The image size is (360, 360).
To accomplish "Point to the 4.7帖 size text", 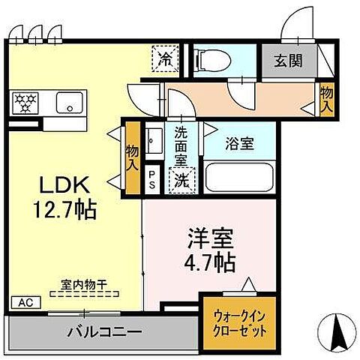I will tap(210, 263).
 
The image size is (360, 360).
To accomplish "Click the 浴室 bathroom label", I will tap(239, 143).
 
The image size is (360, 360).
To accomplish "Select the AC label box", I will tap(25, 303).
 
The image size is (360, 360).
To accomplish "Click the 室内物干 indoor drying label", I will tap(85, 286).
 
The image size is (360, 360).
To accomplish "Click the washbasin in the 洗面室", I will tap(154, 140).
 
